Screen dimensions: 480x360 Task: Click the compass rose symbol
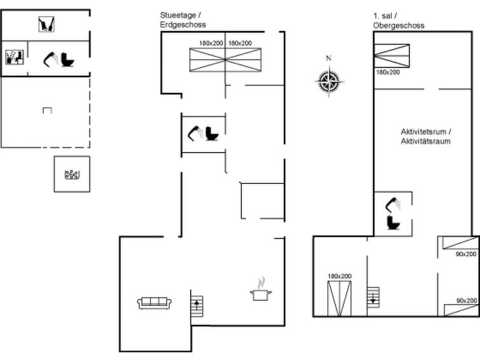click(329, 81)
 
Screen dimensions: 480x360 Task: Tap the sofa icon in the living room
click(154, 303)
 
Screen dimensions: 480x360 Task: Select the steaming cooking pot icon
click(261, 290)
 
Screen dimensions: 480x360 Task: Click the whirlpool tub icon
click(72, 174)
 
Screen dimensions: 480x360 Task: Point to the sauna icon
click(15, 57)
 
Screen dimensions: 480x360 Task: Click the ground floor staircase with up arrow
click(197, 306)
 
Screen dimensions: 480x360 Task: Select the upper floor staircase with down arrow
click(373, 297)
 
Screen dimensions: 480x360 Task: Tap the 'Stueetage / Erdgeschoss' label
click(182, 20)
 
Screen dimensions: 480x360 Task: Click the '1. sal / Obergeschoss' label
click(399, 20)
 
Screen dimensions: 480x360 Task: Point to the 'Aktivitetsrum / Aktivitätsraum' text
click(426, 136)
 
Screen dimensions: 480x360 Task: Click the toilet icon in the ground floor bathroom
click(212, 134)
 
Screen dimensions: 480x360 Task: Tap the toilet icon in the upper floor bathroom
click(394, 223)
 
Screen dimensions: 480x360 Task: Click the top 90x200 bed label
click(466, 254)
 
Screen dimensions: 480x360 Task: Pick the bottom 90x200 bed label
click(467, 301)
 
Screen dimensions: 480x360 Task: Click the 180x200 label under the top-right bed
click(388, 72)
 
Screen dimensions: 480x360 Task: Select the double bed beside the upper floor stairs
click(339, 298)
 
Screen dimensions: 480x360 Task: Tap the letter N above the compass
click(329, 58)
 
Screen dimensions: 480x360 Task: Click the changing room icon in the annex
click(46, 25)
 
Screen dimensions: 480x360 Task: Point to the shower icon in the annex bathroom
click(51, 59)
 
